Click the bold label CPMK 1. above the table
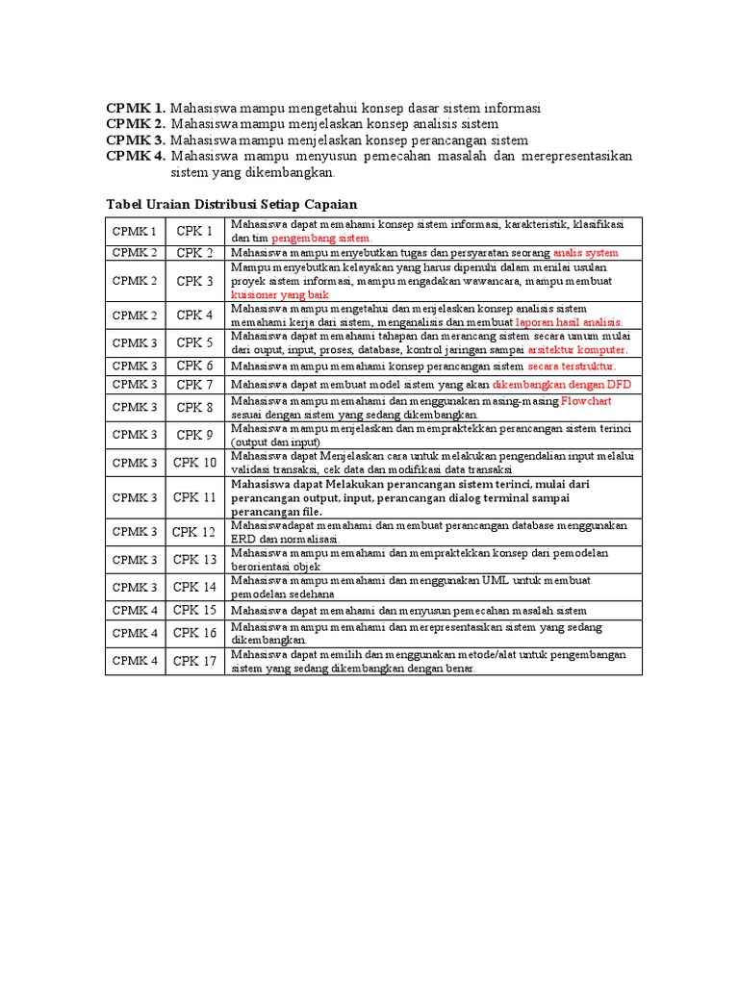coord(136,108)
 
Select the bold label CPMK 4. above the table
coord(136,156)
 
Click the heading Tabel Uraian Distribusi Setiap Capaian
coord(231,204)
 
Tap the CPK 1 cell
coord(194,231)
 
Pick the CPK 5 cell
coord(194,342)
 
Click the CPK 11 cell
coord(194,497)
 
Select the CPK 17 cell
coord(194,661)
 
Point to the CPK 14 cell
coord(194,587)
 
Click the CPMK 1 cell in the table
coord(135,231)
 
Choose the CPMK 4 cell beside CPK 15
coord(135,610)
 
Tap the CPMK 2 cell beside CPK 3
coord(135,281)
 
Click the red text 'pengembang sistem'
coord(320,238)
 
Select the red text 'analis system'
coord(586,253)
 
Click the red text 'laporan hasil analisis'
coord(570,322)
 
